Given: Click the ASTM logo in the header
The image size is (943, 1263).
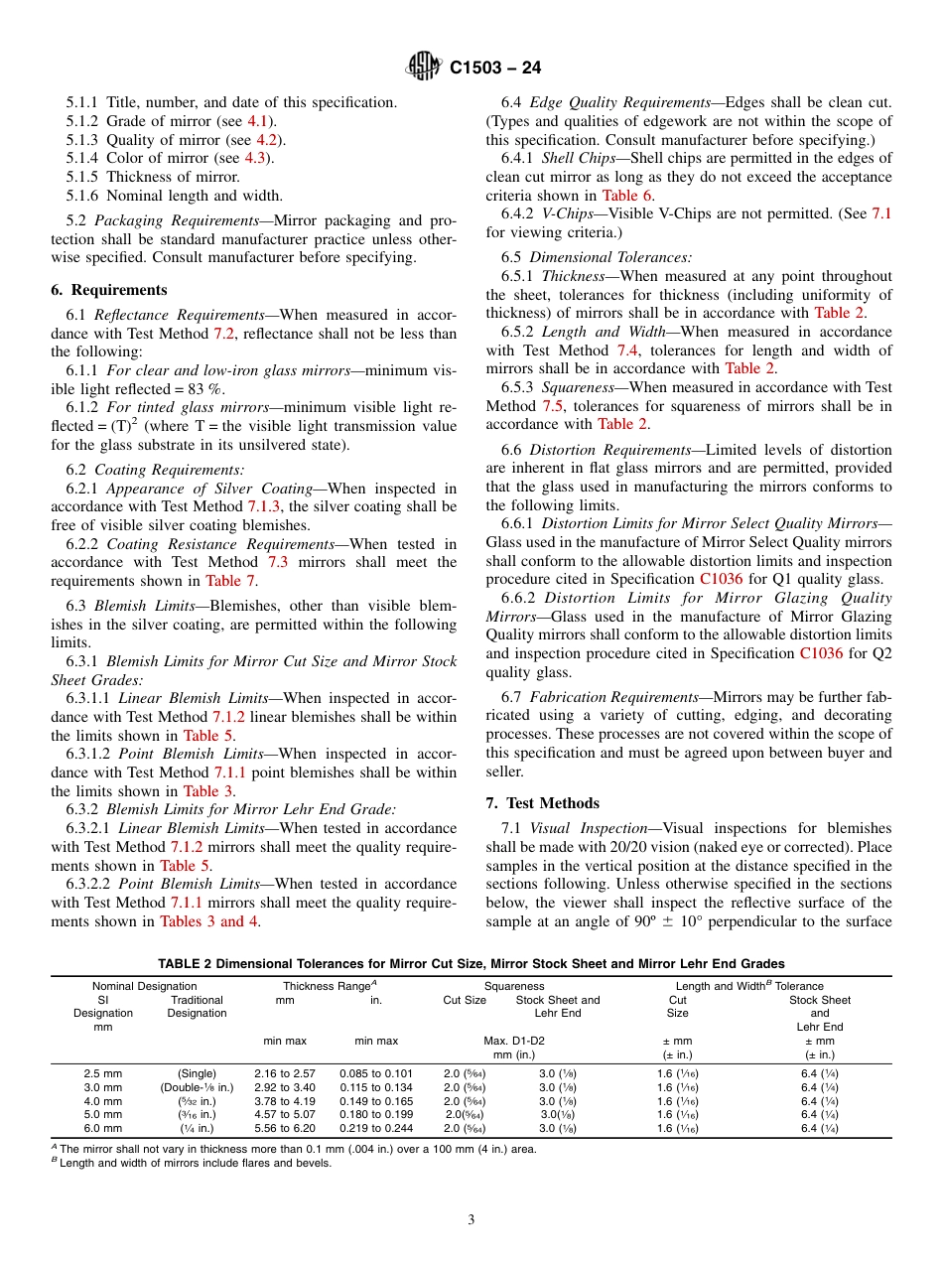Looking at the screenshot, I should tap(424, 69).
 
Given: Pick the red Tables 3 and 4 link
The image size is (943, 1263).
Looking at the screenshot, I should tap(210, 921).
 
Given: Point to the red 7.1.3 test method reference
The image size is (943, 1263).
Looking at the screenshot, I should tap(265, 506).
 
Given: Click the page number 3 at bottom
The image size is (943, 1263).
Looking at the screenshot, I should tap(471, 1219).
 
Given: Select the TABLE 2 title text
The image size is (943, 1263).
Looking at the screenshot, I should tap(471, 963).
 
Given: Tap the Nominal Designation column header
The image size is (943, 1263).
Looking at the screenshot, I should tap(144, 986).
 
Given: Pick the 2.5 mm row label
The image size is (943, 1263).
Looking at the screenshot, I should tap(103, 1073).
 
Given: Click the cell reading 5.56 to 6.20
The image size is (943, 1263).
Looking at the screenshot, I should tap(285, 1129).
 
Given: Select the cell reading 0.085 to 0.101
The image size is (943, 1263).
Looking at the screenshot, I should tap(376, 1073).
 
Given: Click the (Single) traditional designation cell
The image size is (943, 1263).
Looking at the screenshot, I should tap(197, 1073).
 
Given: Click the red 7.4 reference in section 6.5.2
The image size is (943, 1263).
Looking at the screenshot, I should tap(629, 350).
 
